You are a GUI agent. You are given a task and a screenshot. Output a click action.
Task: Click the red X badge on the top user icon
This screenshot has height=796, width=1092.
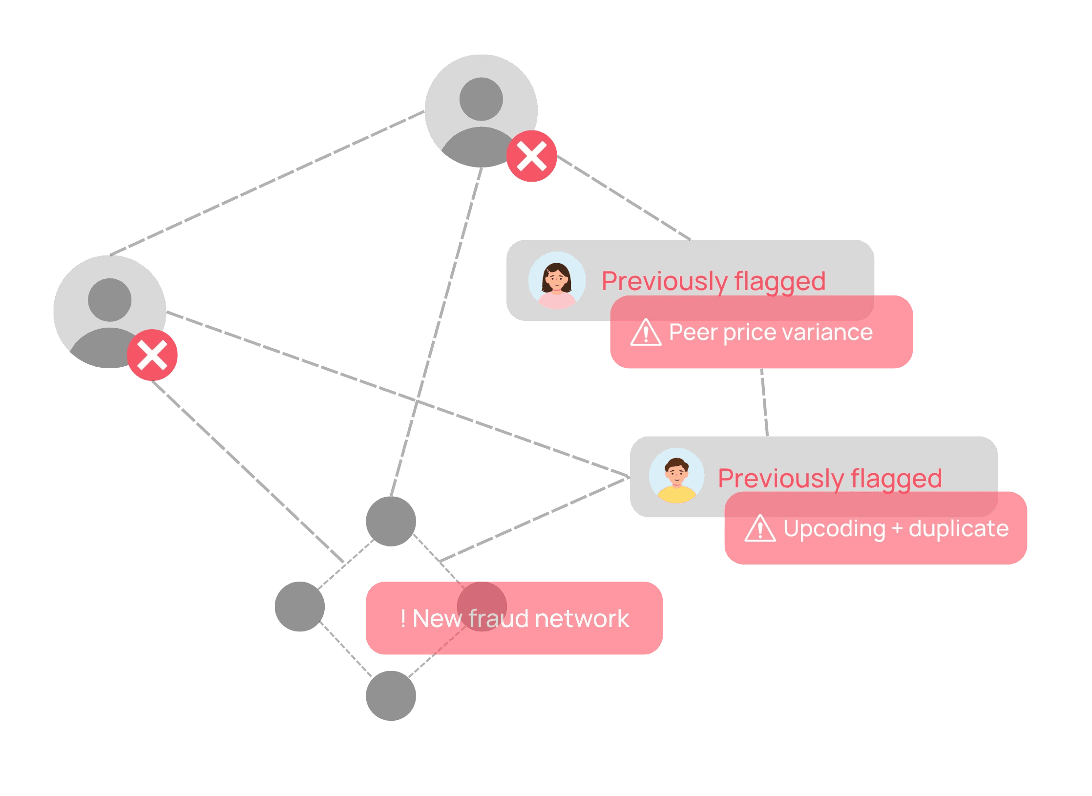click(x=531, y=156)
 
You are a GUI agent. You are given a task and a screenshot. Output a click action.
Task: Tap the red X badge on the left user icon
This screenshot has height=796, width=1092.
click(x=152, y=355)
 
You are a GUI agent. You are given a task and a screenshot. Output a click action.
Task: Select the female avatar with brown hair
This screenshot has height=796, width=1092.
click(x=557, y=280)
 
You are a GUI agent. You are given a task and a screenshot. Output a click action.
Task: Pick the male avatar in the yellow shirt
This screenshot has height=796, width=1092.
click(x=676, y=476)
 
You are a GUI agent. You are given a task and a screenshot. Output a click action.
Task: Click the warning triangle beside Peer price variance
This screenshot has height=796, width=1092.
click(x=646, y=333)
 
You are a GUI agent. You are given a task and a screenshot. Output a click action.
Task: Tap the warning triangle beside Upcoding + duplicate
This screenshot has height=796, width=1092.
click(x=760, y=529)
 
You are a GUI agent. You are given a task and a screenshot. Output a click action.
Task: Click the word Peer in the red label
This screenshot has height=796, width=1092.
click(x=693, y=333)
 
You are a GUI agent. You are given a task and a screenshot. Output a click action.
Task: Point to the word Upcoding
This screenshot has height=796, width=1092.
click(x=834, y=529)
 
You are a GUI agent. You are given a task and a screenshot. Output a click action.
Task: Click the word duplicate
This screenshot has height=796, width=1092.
click(x=958, y=529)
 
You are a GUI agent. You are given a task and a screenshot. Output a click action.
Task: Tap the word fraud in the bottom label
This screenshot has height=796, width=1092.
click(x=499, y=619)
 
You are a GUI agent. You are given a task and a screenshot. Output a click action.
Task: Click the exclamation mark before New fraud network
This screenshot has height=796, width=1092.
click(x=403, y=619)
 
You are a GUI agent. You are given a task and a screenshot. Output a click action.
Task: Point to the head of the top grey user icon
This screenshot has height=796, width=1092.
click(x=481, y=99)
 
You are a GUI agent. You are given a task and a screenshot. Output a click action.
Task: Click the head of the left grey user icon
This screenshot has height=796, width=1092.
click(x=109, y=300)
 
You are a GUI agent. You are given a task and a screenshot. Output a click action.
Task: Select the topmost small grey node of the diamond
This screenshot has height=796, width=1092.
click(x=391, y=521)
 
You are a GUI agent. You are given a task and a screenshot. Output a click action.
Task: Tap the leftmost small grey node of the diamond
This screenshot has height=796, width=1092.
click(x=299, y=607)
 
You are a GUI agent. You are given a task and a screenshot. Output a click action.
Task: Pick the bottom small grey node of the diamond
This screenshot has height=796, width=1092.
click(x=391, y=695)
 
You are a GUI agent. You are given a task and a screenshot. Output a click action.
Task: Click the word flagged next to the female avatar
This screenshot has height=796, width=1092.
click(x=779, y=282)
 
